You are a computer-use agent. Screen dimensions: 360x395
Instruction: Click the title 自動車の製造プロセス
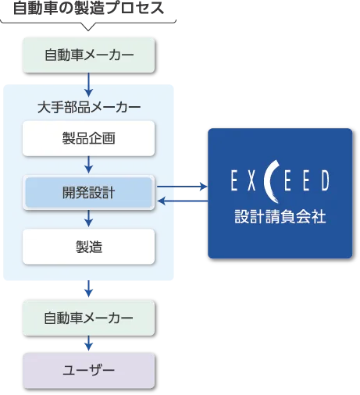point(88,8)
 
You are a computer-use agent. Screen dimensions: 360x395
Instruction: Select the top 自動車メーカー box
point(89,55)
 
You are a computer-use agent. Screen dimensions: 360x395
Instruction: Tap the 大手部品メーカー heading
point(89,107)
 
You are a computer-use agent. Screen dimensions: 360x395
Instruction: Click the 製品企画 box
point(89,138)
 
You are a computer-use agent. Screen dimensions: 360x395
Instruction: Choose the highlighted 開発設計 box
point(89,193)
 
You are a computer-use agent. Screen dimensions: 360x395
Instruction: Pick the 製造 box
point(89,247)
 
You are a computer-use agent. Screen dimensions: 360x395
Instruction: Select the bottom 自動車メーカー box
point(89,318)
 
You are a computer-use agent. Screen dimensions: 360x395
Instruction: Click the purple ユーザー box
point(89,371)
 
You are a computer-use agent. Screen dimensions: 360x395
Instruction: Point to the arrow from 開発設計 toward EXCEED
point(182,187)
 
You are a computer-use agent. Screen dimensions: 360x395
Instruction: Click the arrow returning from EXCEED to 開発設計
point(183,201)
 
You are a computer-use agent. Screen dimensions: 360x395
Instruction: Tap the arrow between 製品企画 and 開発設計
point(89,165)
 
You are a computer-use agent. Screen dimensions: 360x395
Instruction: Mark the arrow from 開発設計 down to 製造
point(89,219)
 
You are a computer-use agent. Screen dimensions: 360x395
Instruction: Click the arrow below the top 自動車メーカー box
point(89,85)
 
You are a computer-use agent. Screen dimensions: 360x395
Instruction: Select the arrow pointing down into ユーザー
point(89,343)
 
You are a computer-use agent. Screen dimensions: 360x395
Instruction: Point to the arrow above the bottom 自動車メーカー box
point(89,289)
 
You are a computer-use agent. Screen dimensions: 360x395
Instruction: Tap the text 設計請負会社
point(280,216)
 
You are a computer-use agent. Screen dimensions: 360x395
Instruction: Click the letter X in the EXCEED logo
point(251,180)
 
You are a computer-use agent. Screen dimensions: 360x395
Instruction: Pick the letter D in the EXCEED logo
point(325,180)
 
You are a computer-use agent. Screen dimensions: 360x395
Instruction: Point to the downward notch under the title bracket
point(88,27)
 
